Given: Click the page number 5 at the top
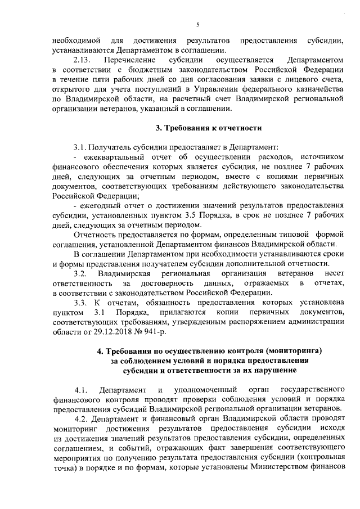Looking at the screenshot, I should [197, 25].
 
